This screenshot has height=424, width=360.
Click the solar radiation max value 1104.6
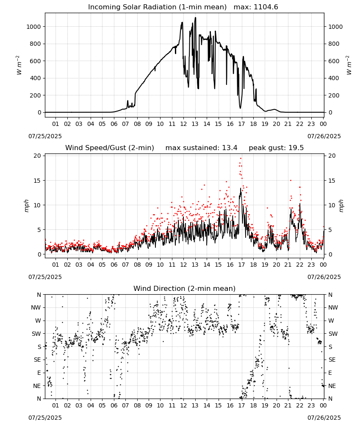(x=266, y=7)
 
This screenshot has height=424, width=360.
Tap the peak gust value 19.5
(x=296, y=148)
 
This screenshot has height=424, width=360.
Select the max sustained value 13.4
(x=230, y=148)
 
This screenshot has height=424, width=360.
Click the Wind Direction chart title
(x=185, y=288)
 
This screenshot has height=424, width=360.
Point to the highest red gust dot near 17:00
(x=241, y=159)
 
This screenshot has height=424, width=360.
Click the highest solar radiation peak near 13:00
(x=196, y=18)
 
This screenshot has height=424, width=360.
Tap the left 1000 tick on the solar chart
(x=33, y=27)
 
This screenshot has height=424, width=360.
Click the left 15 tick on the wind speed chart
(x=37, y=181)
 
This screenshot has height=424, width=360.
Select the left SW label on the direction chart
(x=36, y=334)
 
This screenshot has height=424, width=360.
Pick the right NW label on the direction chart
(x=333, y=308)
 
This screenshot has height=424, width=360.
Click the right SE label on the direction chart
(x=332, y=360)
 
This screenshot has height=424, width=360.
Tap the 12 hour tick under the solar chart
(x=183, y=124)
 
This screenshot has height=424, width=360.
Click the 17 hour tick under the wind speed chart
(x=241, y=265)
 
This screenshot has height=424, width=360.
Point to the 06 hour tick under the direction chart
(x=114, y=406)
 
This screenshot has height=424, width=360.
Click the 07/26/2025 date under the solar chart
(x=324, y=136)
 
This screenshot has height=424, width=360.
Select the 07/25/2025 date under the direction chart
(x=45, y=418)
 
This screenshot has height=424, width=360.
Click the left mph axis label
(x=26, y=206)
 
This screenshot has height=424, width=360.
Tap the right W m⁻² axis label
(x=349, y=65)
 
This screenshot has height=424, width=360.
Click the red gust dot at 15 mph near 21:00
(x=291, y=180)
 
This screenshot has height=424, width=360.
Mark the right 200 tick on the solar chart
(x=332, y=95)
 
